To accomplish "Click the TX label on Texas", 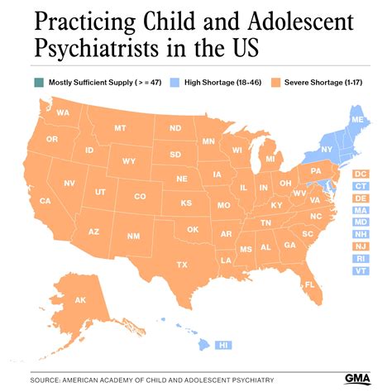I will pyautogui.click(x=182, y=264).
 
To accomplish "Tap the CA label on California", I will pyautogui.click(x=45, y=201).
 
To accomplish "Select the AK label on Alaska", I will pyautogui.click(x=81, y=300).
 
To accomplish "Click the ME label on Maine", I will pyautogui.click(x=356, y=119).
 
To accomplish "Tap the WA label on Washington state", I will pyautogui.click(x=63, y=112).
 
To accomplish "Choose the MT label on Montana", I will pyautogui.click(x=120, y=128).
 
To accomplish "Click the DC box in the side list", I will pyautogui.click(x=361, y=174).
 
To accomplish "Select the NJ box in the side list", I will pyautogui.click(x=361, y=246).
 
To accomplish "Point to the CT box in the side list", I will pyautogui.click(x=361, y=187).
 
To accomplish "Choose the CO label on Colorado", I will pyautogui.click(x=140, y=196).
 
